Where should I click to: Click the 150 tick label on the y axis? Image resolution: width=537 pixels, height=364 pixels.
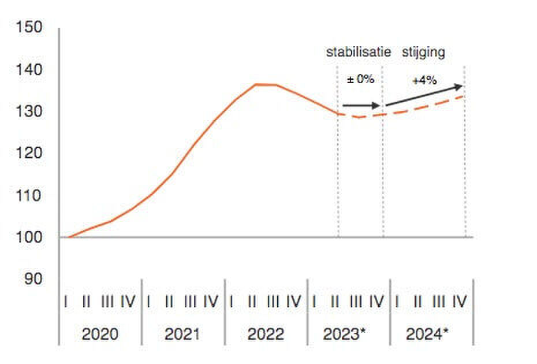click(x=30, y=27)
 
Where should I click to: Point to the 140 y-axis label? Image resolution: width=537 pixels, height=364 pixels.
click(x=30, y=70)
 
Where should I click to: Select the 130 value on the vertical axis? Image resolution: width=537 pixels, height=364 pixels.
click(x=30, y=111)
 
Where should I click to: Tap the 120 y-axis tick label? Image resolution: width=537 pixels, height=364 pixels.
click(x=30, y=153)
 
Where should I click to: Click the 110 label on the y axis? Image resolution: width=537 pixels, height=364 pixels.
click(x=30, y=195)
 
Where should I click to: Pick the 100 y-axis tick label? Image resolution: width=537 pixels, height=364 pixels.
click(x=30, y=237)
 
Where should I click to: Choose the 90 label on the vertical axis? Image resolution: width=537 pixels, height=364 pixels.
click(x=33, y=278)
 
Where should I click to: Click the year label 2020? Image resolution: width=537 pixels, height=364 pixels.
click(x=100, y=334)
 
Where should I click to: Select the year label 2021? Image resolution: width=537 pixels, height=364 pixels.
click(x=182, y=334)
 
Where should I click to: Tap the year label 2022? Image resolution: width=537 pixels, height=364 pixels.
click(x=266, y=334)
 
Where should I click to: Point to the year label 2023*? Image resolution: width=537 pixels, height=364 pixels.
click(x=349, y=334)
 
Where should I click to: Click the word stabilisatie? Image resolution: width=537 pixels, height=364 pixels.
click(x=359, y=53)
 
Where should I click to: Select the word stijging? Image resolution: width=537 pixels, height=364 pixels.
click(x=423, y=53)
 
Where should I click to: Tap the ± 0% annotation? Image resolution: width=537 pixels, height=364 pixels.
click(x=360, y=80)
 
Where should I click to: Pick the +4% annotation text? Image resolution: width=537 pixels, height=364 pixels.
click(x=424, y=81)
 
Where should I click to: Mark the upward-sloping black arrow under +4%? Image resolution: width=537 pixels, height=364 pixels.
click(x=424, y=96)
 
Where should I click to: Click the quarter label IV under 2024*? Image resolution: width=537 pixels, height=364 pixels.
click(x=459, y=302)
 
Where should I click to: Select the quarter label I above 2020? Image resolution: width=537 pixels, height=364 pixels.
click(x=67, y=302)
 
